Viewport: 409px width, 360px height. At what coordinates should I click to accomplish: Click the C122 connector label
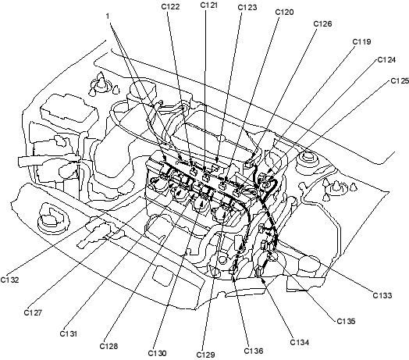pos(170,6)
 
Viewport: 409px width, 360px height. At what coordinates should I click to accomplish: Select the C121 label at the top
pos(209,5)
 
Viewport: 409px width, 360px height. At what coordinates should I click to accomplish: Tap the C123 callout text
pos(247,7)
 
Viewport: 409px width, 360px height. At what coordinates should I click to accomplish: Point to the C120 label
pos(285,12)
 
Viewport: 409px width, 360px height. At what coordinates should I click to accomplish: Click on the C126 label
pos(322,23)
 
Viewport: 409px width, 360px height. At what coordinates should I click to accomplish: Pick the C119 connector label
pos(361,41)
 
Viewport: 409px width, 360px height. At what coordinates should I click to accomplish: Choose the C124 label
pos(386,60)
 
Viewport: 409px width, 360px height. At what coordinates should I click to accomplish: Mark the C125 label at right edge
pos(400,81)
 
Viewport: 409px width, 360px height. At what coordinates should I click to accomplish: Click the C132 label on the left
pos(9,280)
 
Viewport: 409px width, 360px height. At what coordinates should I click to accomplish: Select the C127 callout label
pos(33,312)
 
